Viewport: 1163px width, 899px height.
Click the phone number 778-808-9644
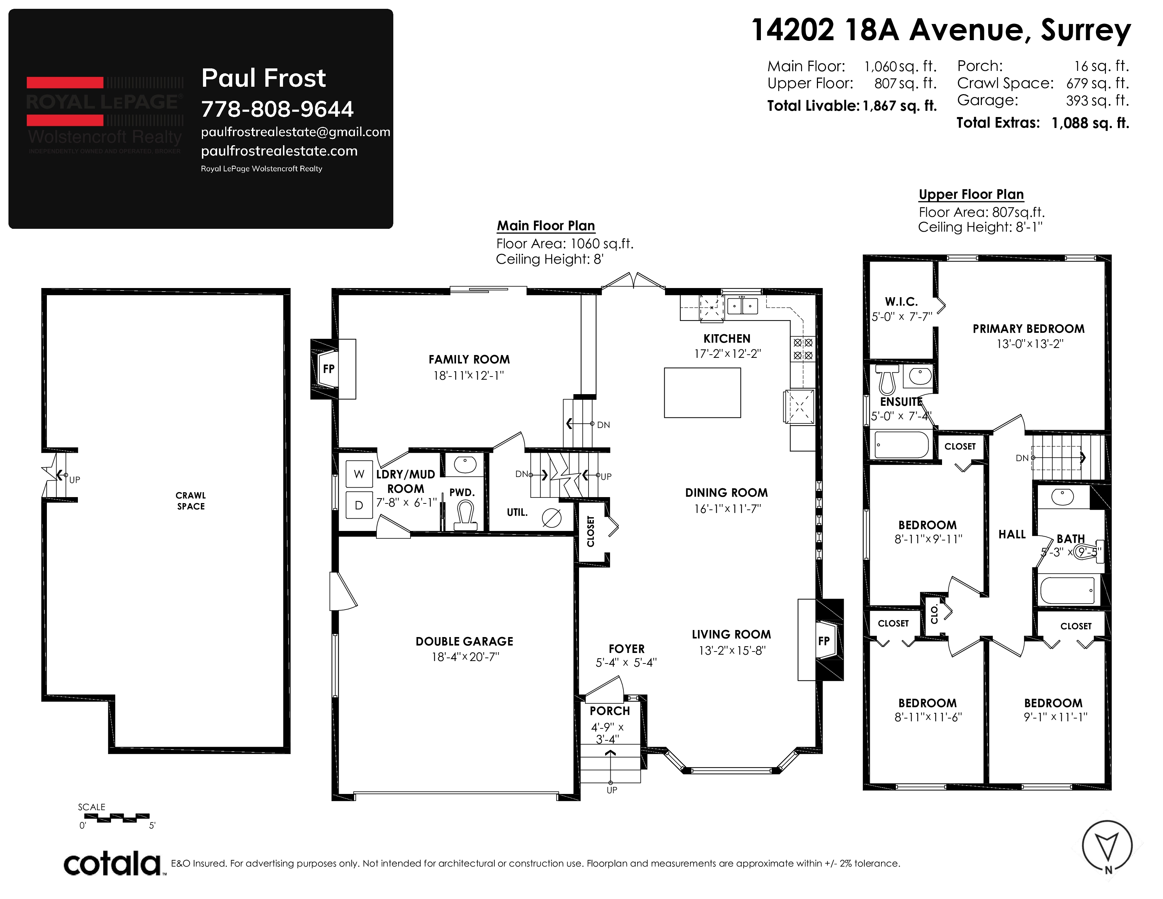click(x=277, y=109)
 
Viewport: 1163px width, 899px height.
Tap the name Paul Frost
click(x=263, y=78)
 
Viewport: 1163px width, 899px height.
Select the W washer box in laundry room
click(x=359, y=474)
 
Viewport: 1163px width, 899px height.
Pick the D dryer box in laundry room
click(x=359, y=505)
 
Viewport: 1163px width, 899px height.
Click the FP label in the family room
click(x=328, y=368)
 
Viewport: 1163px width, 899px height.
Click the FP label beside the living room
click(x=824, y=641)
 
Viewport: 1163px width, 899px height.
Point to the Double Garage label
click(x=464, y=641)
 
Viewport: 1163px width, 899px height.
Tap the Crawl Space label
click(x=191, y=501)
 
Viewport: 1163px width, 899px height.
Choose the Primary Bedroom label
click(x=1028, y=329)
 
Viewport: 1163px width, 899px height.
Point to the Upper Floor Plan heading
click(x=971, y=194)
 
